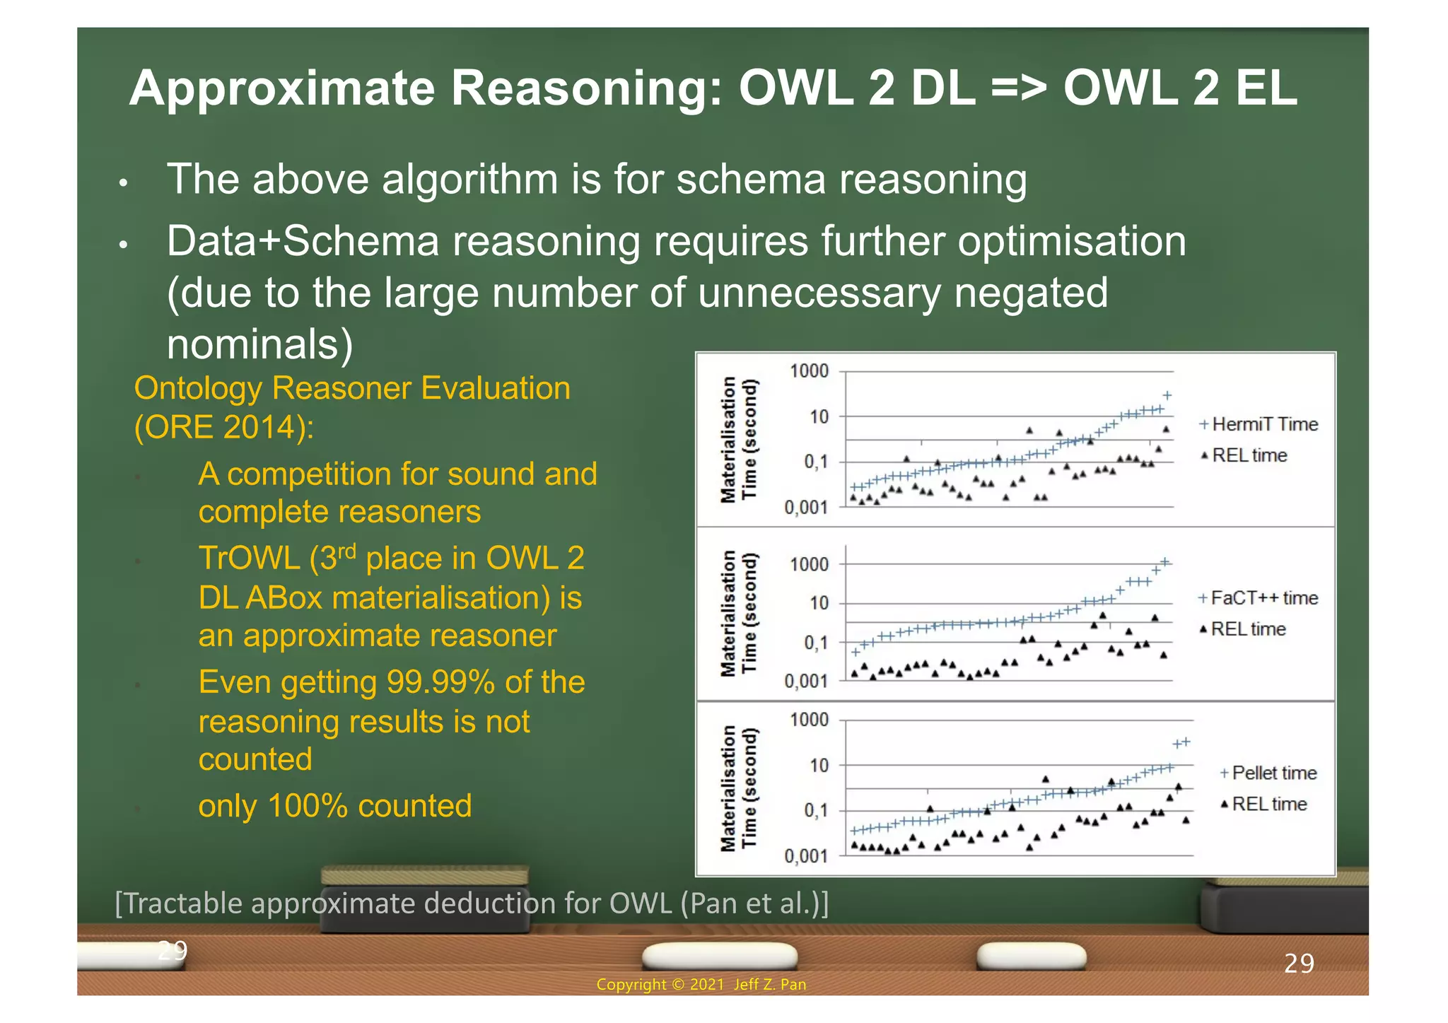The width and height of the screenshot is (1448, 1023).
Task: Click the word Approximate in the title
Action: point(281,88)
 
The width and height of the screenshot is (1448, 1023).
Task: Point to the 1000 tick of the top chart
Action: point(809,371)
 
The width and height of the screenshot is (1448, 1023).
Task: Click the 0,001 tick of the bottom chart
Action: point(806,856)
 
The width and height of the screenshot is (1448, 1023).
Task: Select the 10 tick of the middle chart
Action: point(819,603)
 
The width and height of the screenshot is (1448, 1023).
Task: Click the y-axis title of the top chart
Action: point(738,439)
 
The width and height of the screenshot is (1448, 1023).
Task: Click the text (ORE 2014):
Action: point(224,427)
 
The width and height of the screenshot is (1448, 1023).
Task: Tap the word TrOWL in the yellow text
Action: point(249,559)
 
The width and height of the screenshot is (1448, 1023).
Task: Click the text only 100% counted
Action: point(334,806)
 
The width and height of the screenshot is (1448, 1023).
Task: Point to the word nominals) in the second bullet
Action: point(259,344)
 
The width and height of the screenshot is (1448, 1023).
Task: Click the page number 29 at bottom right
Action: point(1299,964)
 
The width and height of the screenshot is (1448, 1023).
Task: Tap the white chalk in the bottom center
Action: point(719,956)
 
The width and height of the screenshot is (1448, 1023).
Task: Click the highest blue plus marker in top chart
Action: point(1167,395)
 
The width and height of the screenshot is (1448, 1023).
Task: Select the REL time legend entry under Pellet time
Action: point(1268,804)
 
